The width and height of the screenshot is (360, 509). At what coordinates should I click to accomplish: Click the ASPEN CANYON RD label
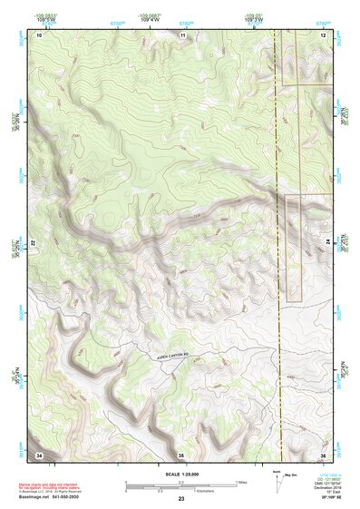(170, 357)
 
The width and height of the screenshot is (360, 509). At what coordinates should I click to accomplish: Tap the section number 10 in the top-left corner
(40, 34)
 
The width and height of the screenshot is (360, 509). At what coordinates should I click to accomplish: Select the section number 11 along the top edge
(182, 34)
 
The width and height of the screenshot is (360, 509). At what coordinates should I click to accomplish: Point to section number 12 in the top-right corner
(323, 34)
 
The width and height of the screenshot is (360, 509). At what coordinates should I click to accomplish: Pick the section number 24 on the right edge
(326, 244)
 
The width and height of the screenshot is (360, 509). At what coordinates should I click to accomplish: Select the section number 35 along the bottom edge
(181, 454)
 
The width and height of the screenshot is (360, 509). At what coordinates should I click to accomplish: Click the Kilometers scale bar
(181, 490)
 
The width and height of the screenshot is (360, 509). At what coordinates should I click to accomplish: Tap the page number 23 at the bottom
(181, 500)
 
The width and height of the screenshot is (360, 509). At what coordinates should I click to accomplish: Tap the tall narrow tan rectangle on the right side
(293, 248)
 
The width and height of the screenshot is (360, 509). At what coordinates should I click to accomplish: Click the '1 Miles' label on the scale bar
(242, 481)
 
